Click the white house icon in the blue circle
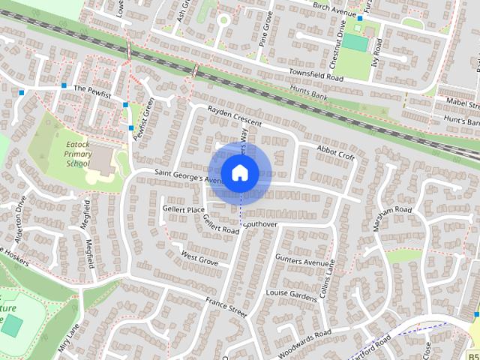[x=239, y=172]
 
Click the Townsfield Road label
[x=316, y=77]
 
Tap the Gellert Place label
[x=184, y=209]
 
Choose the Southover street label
[x=260, y=224]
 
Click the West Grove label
[x=199, y=259]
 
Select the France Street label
[x=226, y=306]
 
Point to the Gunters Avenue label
[x=302, y=262]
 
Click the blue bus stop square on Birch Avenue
[x=360, y=18]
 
